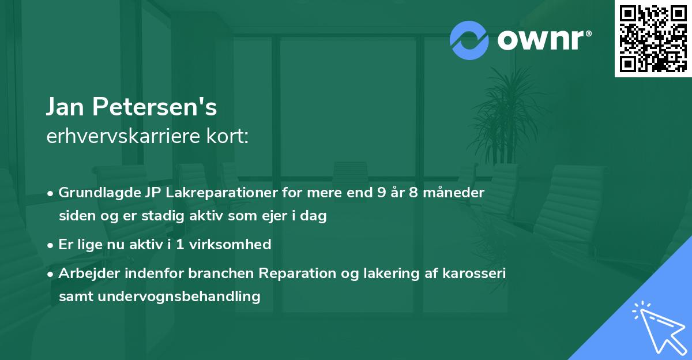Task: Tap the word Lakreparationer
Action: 219,192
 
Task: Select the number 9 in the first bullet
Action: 382,192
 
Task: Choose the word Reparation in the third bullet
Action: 295,273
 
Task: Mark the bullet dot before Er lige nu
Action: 51,245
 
